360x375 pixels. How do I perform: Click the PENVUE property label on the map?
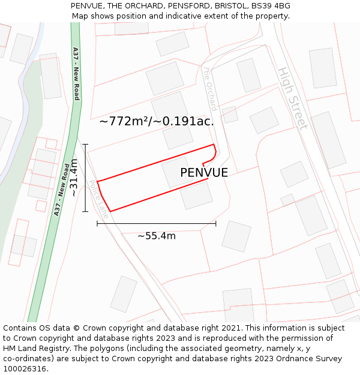(x=204, y=173)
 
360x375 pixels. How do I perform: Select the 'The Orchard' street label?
(x=209, y=89)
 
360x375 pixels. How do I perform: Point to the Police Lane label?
(x=98, y=199)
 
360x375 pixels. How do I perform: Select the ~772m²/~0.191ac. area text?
(x=157, y=121)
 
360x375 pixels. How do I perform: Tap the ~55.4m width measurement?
(x=157, y=236)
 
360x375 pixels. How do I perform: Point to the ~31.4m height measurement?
(x=74, y=177)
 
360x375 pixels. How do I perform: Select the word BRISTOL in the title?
(x=231, y=5)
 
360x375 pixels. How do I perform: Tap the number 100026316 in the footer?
(x=25, y=368)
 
